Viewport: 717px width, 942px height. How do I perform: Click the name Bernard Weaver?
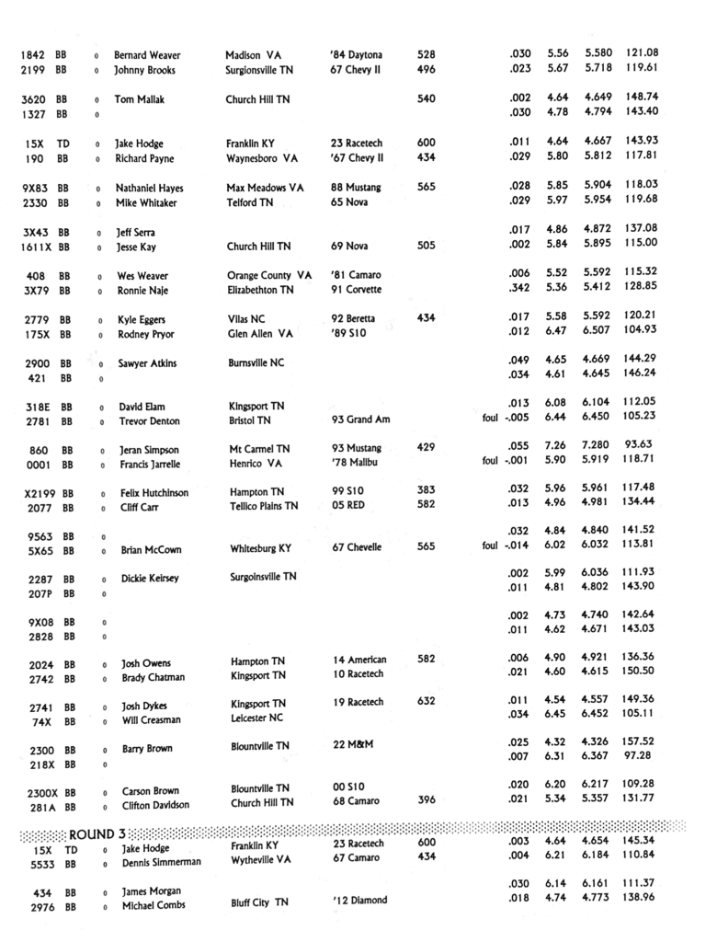[147, 55]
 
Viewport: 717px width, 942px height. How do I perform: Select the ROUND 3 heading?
[97, 833]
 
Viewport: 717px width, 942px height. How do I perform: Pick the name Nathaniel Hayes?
[149, 188]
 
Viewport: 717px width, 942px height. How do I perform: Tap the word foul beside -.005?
[490, 421]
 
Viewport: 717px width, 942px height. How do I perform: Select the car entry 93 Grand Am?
[362, 421]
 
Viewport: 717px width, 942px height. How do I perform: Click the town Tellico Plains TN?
[264, 506]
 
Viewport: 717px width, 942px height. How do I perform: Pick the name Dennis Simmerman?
[161, 863]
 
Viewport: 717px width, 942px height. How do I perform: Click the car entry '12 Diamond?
[359, 900]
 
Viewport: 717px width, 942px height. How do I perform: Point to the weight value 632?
[427, 702]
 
